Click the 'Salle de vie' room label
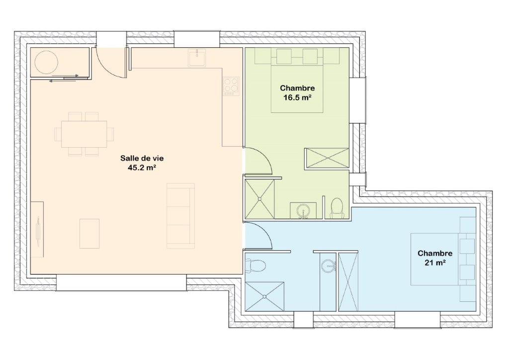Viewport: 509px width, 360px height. pyautogui.click(x=142, y=158)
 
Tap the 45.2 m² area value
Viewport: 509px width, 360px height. pyautogui.click(x=142, y=168)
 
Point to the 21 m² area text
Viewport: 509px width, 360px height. pyautogui.click(x=435, y=263)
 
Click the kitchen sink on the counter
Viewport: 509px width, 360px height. pyautogui.click(x=197, y=58)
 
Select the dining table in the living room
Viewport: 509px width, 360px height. pyautogui.click(x=84, y=134)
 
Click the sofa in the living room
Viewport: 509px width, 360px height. pyautogui.click(x=181, y=216)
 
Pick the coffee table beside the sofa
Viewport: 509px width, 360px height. pyautogui.click(x=89, y=234)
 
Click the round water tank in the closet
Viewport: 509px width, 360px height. pyautogui.click(x=46, y=62)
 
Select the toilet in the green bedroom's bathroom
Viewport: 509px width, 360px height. pyautogui.click(x=337, y=208)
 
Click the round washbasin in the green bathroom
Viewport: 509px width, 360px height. pyautogui.click(x=304, y=211)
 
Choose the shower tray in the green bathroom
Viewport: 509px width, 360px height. pyautogui.click(x=259, y=199)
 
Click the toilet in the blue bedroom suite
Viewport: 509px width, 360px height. pyautogui.click(x=255, y=265)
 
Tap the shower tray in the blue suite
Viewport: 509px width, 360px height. pyautogui.click(x=264, y=297)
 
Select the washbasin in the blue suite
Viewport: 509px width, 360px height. pyautogui.click(x=328, y=266)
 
